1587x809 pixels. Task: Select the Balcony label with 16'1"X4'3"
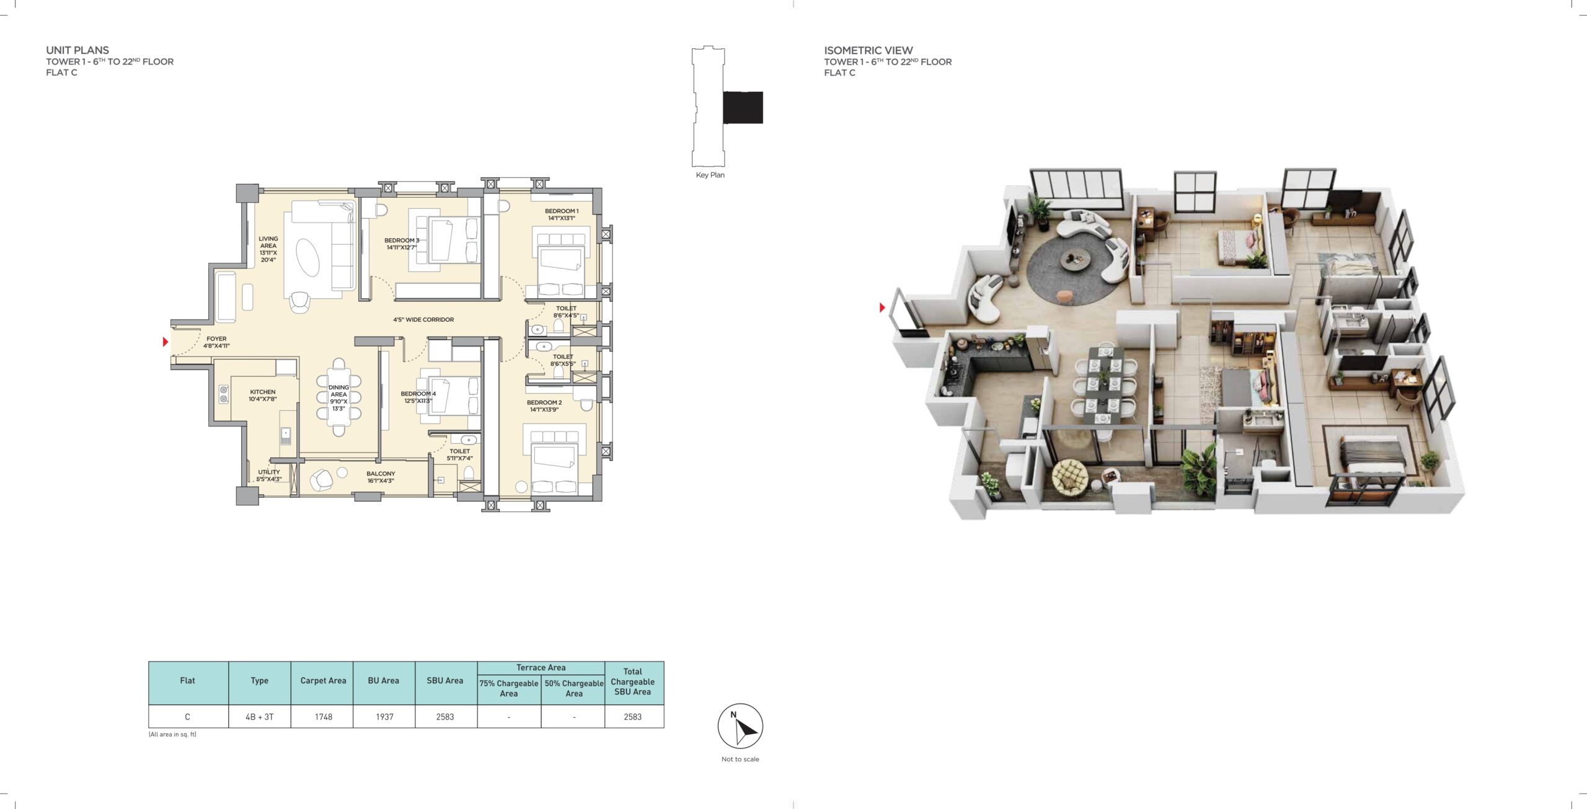tap(381, 477)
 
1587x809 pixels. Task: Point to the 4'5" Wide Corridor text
tap(423, 320)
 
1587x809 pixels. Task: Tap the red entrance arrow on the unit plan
tap(166, 342)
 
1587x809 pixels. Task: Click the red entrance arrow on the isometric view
tap(882, 307)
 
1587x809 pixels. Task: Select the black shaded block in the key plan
tap(743, 107)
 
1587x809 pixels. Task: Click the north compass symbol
tap(740, 726)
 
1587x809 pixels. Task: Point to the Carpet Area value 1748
tap(324, 717)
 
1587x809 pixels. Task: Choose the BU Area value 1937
tap(384, 717)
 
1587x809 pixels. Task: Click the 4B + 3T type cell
tap(259, 717)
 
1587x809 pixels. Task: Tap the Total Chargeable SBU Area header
tap(633, 682)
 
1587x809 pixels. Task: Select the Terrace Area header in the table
tap(541, 668)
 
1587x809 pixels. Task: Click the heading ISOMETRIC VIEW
tap(869, 50)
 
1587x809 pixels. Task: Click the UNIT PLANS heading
tap(77, 50)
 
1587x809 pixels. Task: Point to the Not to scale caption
tap(740, 759)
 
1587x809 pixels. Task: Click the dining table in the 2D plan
tap(338, 397)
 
